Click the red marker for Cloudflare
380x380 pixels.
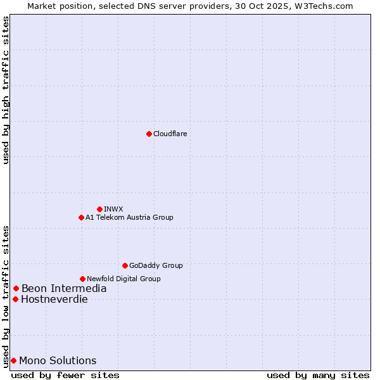[x=149, y=134]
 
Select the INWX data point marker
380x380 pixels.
[x=99, y=209]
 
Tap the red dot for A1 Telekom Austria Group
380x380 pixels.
[x=81, y=217]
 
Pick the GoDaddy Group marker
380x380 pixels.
[x=125, y=265]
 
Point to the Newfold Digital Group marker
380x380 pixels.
[x=82, y=279]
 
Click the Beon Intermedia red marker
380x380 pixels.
[x=16, y=289]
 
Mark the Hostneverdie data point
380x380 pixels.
[x=15, y=299]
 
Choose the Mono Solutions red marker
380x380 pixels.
[x=13, y=360]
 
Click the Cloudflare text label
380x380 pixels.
[x=170, y=134]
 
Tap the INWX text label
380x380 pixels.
[x=113, y=209]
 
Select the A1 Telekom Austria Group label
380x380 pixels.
[x=129, y=217]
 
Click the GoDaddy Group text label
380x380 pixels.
[x=156, y=265]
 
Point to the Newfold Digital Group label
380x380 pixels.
[x=123, y=279]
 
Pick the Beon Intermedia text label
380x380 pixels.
[x=64, y=289]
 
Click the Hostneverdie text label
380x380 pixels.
[x=54, y=300]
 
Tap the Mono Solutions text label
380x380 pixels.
[x=58, y=361]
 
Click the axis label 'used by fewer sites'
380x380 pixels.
[x=65, y=375]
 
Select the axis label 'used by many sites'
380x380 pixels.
[x=318, y=375]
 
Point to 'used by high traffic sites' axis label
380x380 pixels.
[x=6, y=90]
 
